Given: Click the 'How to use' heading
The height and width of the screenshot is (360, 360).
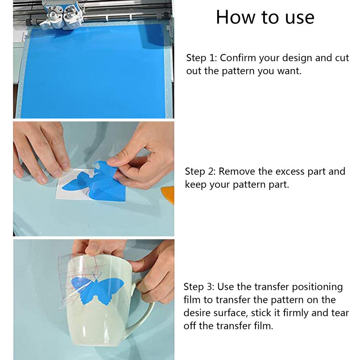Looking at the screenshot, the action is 265,17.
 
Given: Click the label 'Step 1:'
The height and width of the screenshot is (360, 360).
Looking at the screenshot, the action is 201,58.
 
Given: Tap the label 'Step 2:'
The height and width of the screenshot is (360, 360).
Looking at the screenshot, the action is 200,172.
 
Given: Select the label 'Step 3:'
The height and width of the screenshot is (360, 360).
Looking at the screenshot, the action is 199,287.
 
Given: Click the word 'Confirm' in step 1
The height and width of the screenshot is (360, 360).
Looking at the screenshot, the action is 238,58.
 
